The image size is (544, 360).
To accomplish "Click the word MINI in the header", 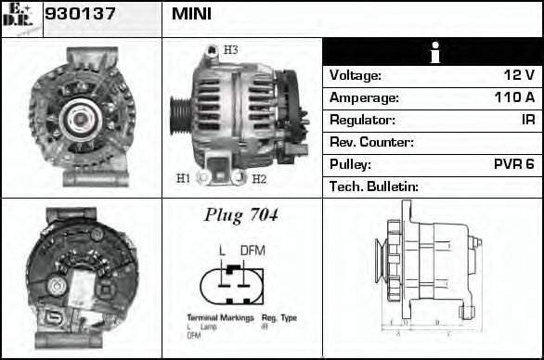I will coord(191,15).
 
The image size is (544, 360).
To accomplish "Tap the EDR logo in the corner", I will coord(20,19).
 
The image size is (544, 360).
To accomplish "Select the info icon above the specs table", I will coord(432,53).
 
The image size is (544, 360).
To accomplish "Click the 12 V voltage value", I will coord(517,75).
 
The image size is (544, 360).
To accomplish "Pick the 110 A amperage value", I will coord(513,97).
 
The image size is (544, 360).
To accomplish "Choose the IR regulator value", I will coord(526,120).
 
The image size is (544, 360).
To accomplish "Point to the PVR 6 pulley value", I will coord(513,164).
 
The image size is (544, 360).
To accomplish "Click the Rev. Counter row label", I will coord(372,142).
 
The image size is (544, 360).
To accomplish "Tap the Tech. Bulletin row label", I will coord(374,186).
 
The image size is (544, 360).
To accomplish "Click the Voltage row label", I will coord(356,75).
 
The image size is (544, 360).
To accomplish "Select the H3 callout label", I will coord(231,49).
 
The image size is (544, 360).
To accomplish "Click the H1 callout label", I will coord(183,177).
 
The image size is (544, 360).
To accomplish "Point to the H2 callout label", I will coord(259,178).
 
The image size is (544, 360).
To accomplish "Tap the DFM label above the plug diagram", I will coord(253,251).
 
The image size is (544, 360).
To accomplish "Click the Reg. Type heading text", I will coord(279,318).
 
